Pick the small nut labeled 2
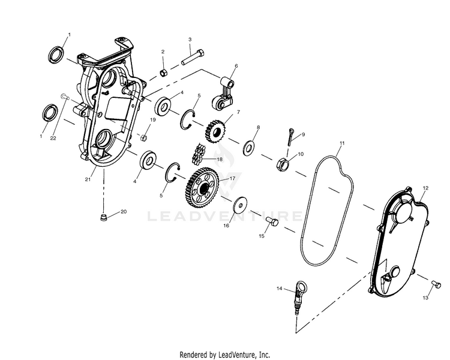162,73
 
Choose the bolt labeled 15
271,224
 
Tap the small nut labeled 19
144,137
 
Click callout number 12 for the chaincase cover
425,188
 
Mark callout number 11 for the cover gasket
342,143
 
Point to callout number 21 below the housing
88,179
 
